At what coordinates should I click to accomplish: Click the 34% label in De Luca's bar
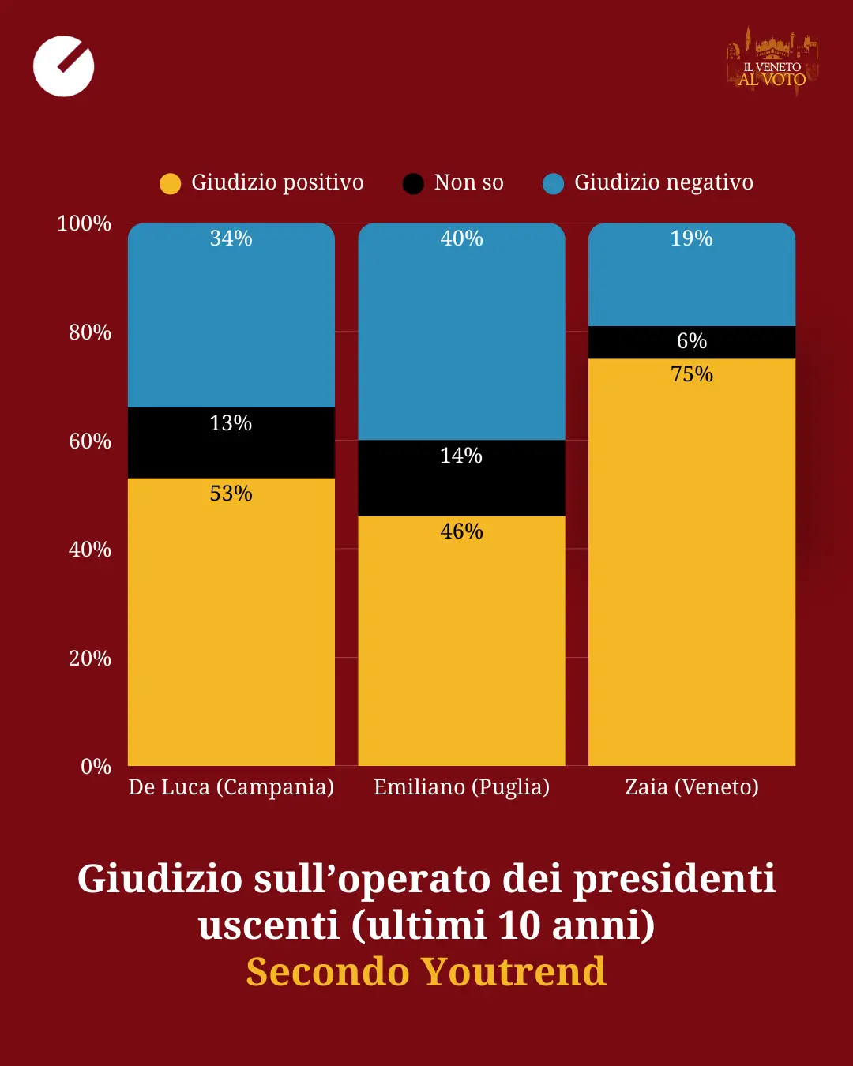click(x=231, y=238)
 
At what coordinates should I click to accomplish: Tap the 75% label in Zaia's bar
click(x=692, y=374)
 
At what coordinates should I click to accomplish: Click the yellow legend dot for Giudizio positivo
click(x=170, y=184)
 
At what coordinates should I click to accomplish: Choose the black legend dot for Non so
click(x=413, y=184)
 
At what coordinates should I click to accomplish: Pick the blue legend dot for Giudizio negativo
click(x=554, y=184)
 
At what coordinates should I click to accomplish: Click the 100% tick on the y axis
click(x=85, y=223)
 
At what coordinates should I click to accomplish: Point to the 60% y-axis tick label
click(x=90, y=441)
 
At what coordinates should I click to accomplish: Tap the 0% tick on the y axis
click(x=96, y=767)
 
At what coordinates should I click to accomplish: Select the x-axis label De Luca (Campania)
click(x=231, y=787)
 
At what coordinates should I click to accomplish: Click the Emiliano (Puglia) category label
click(x=461, y=787)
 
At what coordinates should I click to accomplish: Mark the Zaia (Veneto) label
click(x=692, y=787)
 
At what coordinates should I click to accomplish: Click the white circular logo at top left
click(x=64, y=66)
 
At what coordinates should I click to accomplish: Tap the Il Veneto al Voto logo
click(x=772, y=63)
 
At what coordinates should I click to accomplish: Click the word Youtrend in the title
click(x=513, y=972)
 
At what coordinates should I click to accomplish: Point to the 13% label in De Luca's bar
click(x=231, y=423)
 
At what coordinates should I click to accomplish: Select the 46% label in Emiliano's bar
click(x=461, y=531)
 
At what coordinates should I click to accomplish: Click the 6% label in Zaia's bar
click(x=692, y=341)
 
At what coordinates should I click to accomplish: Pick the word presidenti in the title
click(x=675, y=879)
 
